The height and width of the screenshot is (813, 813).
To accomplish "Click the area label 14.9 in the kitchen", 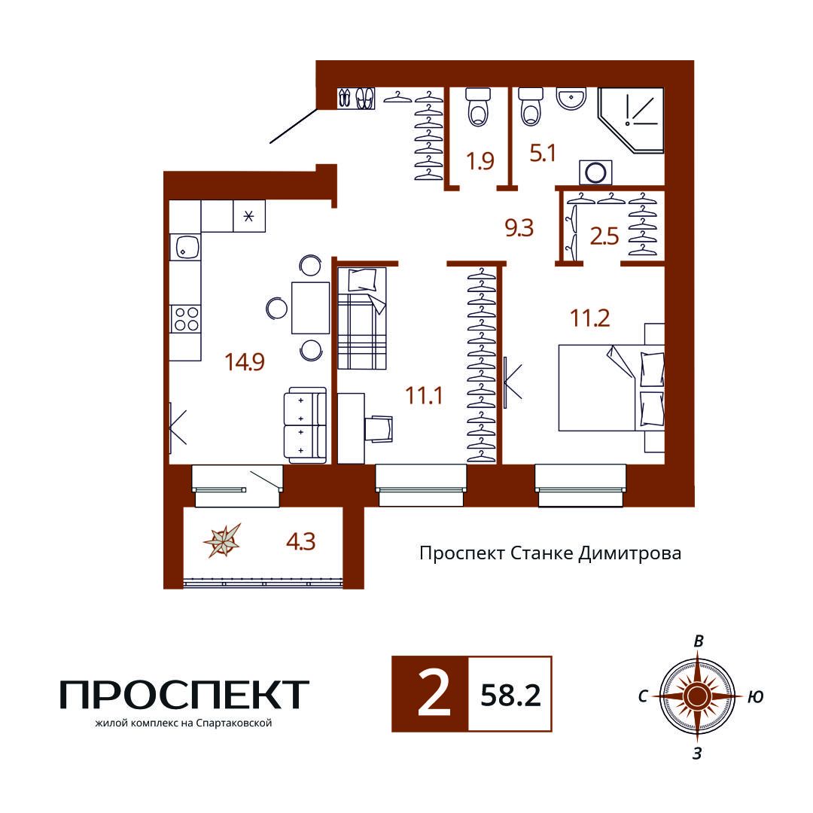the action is (x=245, y=361).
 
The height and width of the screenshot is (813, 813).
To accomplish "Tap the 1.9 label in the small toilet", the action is (x=480, y=161).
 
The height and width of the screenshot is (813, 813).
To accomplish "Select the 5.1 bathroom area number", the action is (x=543, y=154).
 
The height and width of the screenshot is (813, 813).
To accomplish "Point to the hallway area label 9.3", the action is (x=519, y=228).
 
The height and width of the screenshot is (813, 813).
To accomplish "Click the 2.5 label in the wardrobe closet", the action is (x=604, y=236).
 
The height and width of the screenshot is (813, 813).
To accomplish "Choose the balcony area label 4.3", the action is (x=300, y=542).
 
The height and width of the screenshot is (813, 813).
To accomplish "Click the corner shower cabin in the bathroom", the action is (x=631, y=120).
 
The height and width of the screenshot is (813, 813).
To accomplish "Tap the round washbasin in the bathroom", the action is (x=571, y=99).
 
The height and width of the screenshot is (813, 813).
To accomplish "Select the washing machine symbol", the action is (x=595, y=172).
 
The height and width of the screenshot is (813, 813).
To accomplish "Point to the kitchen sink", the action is (x=186, y=247).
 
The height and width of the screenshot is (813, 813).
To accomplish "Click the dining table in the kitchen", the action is (x=311, y=308).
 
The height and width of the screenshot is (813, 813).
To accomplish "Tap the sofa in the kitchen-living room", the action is (x=305, y=425).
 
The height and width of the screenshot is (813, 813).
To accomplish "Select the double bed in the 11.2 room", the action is (x=611, y=388).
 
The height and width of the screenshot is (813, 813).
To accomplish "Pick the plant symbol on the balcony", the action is (x=222, y=540).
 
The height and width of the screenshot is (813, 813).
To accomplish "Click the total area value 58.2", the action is (x=510, y=696).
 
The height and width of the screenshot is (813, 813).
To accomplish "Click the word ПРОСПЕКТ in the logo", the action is (x=184, y=694).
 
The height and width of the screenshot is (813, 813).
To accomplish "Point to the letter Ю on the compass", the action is (x=756, y=697).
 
